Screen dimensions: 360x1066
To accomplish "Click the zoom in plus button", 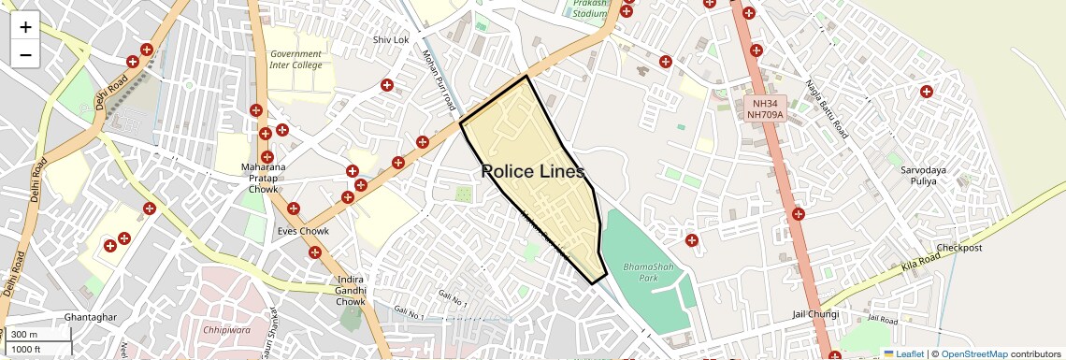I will tap(25, 27).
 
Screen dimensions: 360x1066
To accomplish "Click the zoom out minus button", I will tap(25, 55).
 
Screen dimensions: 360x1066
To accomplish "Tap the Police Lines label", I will tap(533, 172).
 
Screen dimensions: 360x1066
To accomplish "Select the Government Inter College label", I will tap(295, 60).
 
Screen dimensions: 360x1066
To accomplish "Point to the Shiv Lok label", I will tap(391, 40).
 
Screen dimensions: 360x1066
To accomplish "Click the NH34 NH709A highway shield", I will tap(763, 108).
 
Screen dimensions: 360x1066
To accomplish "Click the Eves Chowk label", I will tap(303, 231).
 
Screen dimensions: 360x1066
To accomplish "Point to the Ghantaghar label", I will tap(91, 318).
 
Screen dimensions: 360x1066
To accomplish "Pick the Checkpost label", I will tap(959, 249).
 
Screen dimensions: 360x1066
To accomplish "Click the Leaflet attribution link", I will tap(903, 353).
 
